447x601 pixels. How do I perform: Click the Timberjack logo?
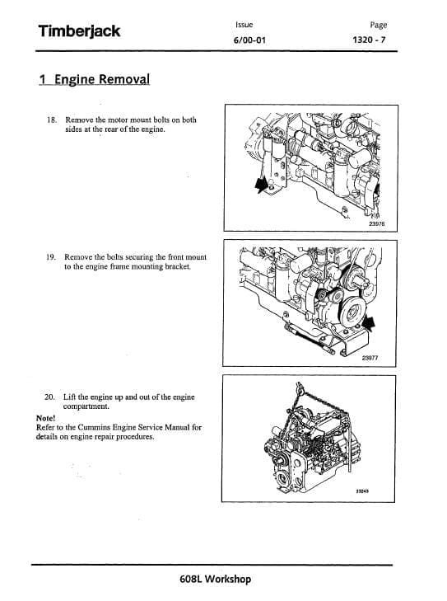click(78, 31)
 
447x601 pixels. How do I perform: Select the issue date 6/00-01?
click(249, 40)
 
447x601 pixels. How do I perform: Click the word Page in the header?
click(379, 26)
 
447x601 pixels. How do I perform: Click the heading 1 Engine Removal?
click(94, 80)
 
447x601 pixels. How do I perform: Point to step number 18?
click(52, 120)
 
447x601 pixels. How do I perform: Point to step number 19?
click(52, 256)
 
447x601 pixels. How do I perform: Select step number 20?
click(51, 397)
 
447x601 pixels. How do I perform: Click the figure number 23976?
click(376, 223)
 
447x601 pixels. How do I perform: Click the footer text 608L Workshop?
click(215, 579)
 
